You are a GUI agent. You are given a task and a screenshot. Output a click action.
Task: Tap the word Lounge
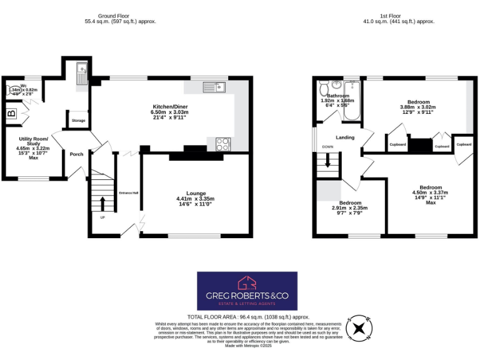click(x=195, y=194)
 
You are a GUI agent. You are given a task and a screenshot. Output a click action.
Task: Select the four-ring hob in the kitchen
click(x=222, y=144)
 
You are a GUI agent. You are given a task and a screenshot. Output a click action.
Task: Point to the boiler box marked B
click(x=11, y=114)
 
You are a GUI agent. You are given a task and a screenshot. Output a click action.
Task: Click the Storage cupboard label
click(x=78, y=121)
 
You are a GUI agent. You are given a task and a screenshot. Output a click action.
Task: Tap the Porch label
click(x=76, y=154)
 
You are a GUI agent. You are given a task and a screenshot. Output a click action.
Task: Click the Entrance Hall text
click(x=128, y=192)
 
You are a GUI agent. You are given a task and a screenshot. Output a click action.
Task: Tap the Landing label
click(x=345, y=137)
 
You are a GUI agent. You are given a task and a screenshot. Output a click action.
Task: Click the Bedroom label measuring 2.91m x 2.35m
click(x=350, y=203)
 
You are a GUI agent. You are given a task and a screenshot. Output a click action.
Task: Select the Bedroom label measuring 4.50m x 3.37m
click(x=431, y=188)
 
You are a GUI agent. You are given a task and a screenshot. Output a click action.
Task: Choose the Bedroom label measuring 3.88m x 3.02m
click(x=419, y=102)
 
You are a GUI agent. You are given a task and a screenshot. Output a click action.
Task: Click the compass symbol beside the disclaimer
click(x=359, y=327)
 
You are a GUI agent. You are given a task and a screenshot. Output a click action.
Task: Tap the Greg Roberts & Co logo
click(x=247, y=291)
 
